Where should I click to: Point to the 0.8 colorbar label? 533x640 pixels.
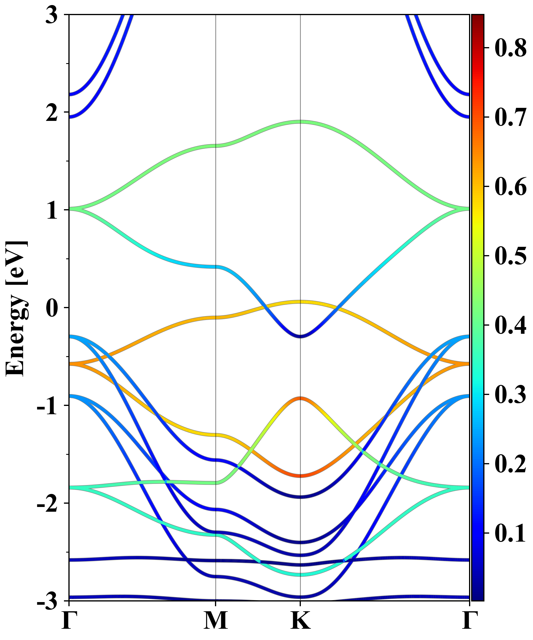[x=510, y=48]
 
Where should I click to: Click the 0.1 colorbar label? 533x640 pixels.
[x=510, y=533]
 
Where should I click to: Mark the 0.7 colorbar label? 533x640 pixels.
[x=510, y=117]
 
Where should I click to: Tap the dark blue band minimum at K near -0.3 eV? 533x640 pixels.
[x=301, y=337]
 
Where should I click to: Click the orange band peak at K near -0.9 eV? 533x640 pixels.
[x=301, y=398]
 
